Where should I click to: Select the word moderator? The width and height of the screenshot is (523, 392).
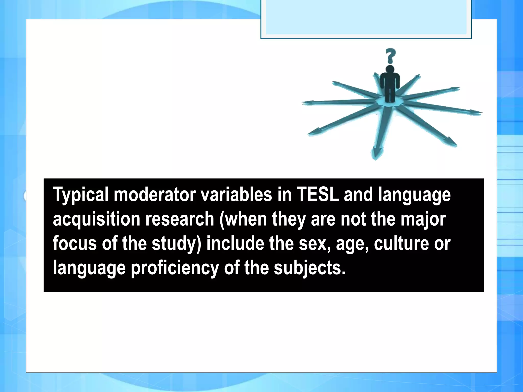(x=154, y=194)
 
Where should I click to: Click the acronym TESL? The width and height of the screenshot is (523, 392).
(x=317, y=194)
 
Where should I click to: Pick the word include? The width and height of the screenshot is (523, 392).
(x=235, y=243)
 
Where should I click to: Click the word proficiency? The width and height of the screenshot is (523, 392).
(x=175, y=268)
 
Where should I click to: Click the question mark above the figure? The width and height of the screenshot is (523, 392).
(x=390, y=56)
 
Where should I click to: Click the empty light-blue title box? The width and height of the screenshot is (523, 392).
(x=366, y=18)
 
